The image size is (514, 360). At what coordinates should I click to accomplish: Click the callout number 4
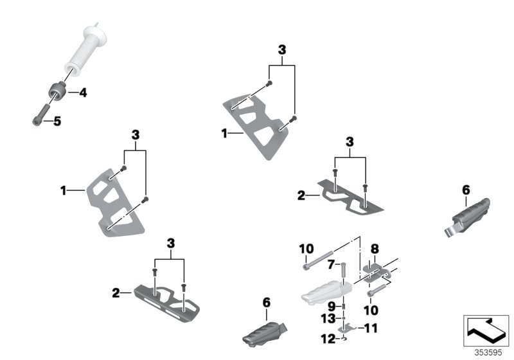pyautogui.click(x=82, y=93)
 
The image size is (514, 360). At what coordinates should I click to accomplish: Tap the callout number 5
pyautogui.click(x=57, y=120)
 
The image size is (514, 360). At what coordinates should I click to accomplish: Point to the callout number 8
pyautogui.click(x=375, y=247)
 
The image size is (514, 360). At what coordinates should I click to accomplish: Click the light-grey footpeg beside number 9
pyautogui.click(x=321, y=295)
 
